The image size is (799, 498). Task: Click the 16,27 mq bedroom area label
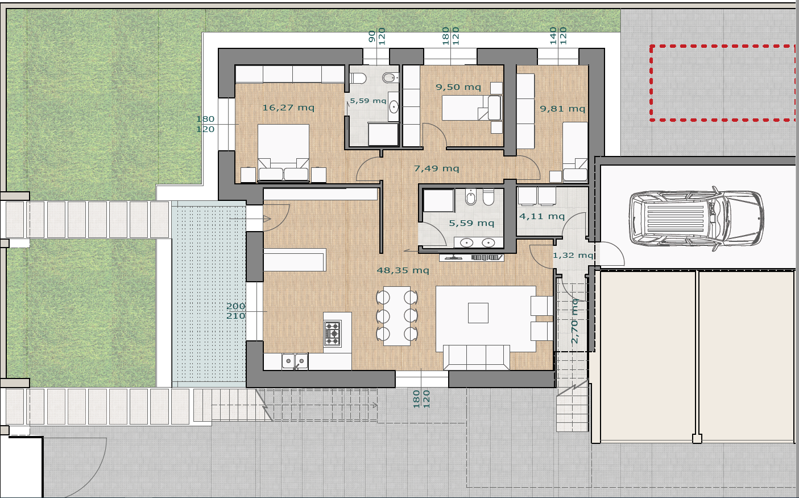coord(288,108)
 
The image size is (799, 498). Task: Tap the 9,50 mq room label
coord(458,87)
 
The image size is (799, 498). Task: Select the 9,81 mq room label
coord(562,109)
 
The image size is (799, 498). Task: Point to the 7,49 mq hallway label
coord(436,168)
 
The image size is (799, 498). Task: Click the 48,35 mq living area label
coord(403,270)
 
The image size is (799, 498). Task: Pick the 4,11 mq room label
coord(542,216)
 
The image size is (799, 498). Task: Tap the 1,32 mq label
coord(573,255)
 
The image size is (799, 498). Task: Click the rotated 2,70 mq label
coord(574,322)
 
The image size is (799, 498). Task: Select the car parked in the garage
coord(696,218)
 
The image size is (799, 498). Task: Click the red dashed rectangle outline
coord(651,83)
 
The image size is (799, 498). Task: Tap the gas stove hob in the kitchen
coord(333,334)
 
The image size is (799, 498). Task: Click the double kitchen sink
coord(295,361)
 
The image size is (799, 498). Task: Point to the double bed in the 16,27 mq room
coord(283,153)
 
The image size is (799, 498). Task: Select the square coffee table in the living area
coord(478,312)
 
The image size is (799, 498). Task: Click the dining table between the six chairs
coord(397,315)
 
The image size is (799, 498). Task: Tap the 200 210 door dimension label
coord(236,311)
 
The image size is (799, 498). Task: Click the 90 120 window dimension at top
coord(376,36)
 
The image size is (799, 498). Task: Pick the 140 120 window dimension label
coord(558,36)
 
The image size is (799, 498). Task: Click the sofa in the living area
coord(477,357)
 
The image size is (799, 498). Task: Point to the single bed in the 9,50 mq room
coord(471,108)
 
